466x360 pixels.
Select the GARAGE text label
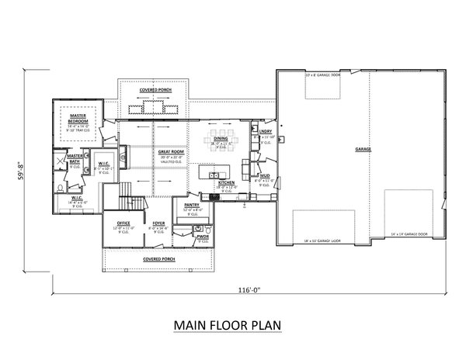pyautogui.click(x=362, y=147)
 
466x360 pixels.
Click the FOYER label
pyautogui.click(x=159, y=224)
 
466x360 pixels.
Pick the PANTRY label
pyautogui.click(x=192, y=207)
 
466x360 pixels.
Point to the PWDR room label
pyautogui.click(x=203, y=237)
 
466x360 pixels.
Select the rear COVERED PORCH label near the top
pyautogui.click(x=156, y=91)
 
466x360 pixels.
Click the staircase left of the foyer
pyautogui.click(x=126, y=194)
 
